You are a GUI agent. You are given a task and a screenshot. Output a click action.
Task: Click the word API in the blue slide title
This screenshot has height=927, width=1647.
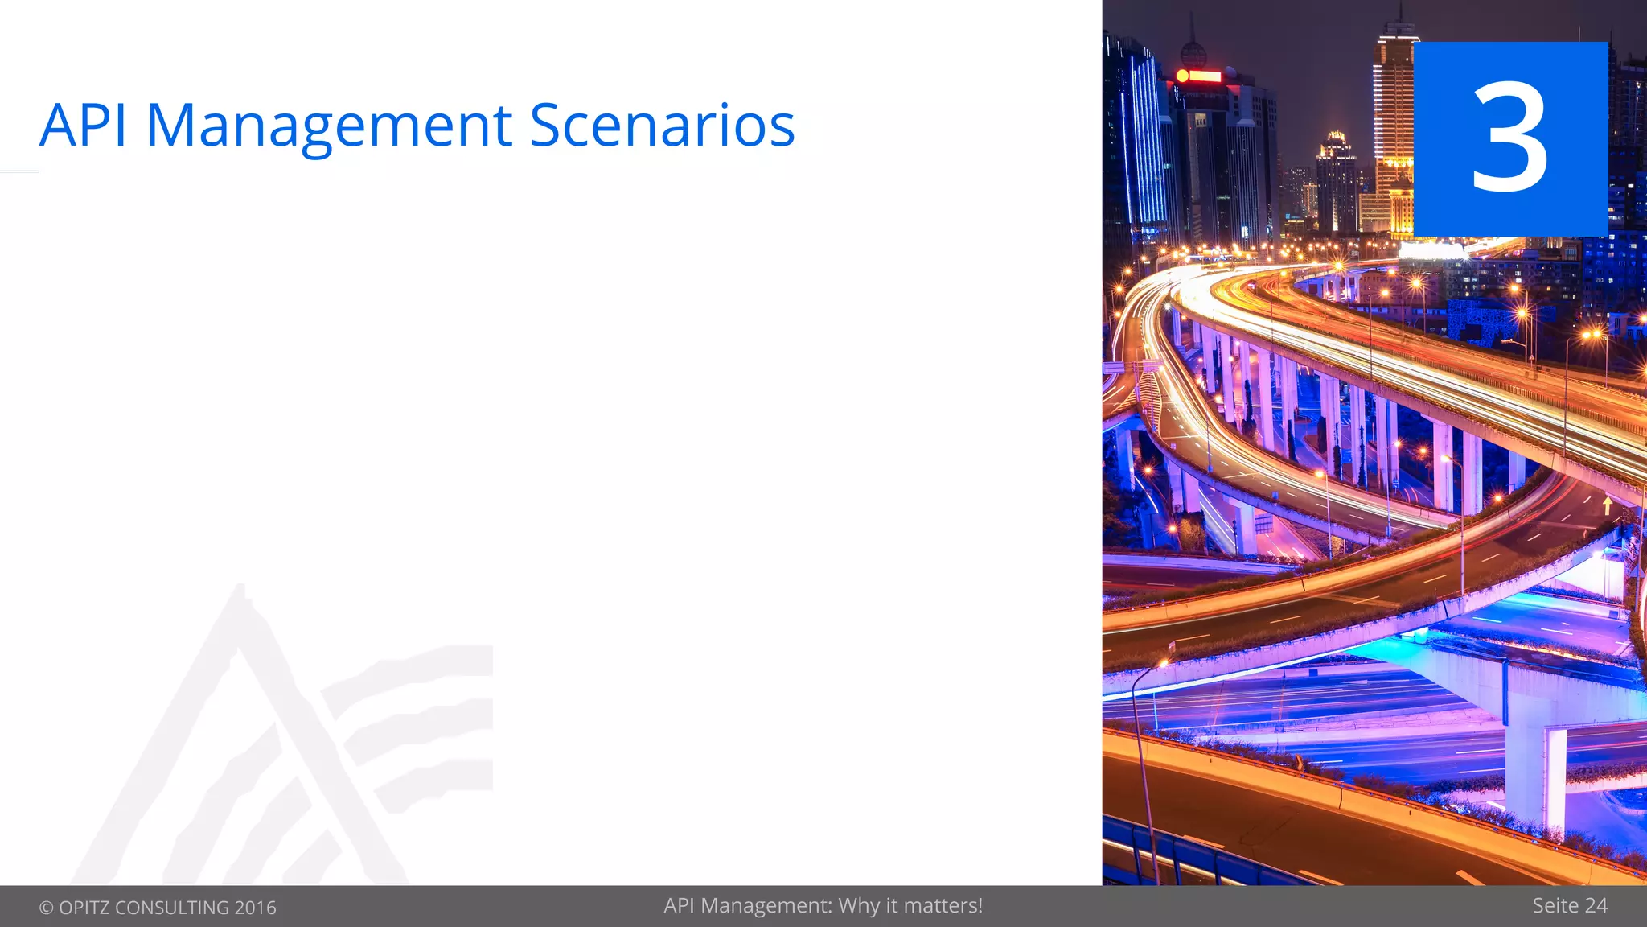tap(83, 126)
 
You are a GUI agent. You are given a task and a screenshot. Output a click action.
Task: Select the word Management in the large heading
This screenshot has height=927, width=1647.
tap(329, 126)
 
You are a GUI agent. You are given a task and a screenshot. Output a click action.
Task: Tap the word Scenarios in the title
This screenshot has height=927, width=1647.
tap(662, 126)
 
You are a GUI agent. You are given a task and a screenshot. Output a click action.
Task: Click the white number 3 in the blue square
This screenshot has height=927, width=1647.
tap(1509, 138)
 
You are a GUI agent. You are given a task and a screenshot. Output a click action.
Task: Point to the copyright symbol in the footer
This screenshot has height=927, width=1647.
tap(47, 908)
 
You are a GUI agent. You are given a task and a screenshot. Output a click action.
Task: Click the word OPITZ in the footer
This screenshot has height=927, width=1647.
tap(84, 908)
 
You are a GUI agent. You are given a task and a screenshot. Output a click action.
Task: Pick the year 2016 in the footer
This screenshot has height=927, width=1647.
tap(256, 908)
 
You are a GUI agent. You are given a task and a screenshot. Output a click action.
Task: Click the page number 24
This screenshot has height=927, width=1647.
tap(1596, 906)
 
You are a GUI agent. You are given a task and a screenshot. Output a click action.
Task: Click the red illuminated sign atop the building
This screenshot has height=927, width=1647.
tap(1199, 76)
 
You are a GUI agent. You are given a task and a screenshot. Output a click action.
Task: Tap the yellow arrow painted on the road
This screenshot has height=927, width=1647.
tap(1607, 505)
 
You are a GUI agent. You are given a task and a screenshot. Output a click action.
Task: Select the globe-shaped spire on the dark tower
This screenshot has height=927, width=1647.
tap(1193, 53)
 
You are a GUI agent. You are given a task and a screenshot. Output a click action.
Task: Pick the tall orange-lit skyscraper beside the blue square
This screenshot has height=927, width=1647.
tap(1393, 121)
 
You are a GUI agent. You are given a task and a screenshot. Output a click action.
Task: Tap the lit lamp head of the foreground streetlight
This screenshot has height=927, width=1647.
tap(1163, 664)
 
